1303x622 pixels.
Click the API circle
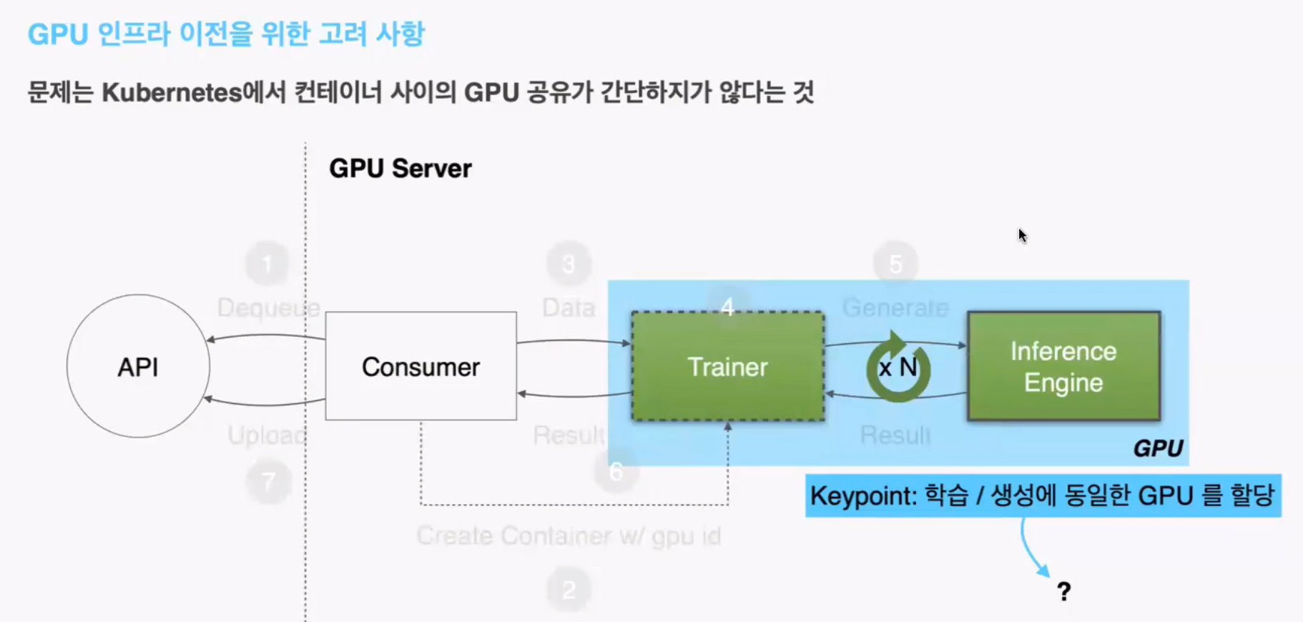point(138,366)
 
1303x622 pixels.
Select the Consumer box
point(421,366)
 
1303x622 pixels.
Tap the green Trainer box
point(727,366)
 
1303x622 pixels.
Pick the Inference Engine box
point(1063,366)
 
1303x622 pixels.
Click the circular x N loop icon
point(898,367)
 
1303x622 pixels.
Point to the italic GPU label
point(1158,448)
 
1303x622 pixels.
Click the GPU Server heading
point(400,169)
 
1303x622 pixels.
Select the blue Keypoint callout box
point(1043,495)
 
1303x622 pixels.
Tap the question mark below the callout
point(1063,591)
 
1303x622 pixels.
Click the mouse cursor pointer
point(1022,235)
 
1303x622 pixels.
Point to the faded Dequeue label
point(268,307)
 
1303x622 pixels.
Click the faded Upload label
point(267,435)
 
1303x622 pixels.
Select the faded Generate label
point(895,307)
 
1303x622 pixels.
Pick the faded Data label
point(569,307)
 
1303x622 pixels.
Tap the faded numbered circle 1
point(267,264)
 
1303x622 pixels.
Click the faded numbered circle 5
point(895,264)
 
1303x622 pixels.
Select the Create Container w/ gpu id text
point(569,535)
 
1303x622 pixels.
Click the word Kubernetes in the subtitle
point(172,93)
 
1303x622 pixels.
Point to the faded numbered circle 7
point(268,481)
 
